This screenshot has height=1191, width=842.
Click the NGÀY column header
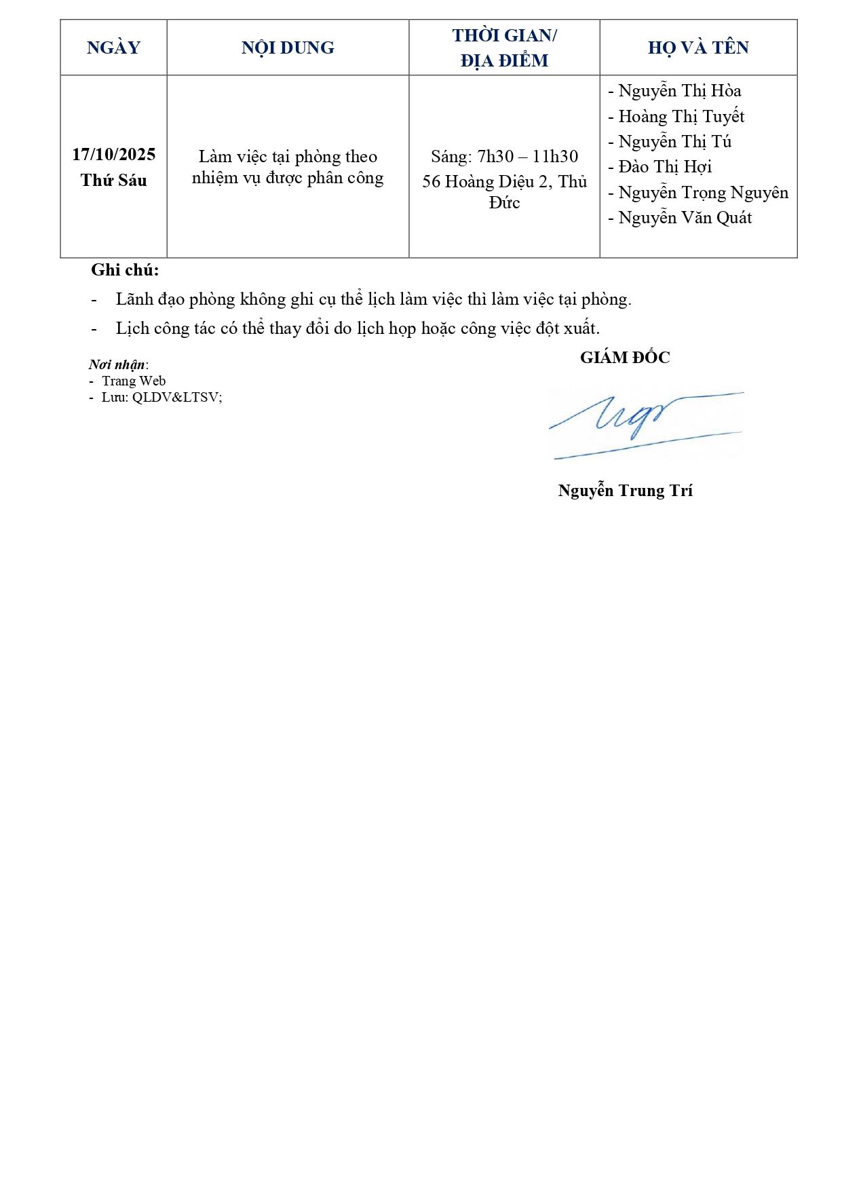(x=113, y=48)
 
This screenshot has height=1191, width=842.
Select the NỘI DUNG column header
(x=288, y=48)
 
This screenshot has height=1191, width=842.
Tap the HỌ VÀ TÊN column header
(x=698, y=48)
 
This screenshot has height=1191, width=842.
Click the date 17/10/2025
(x=113, y=155)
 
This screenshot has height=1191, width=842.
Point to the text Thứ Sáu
(x=113, y=181)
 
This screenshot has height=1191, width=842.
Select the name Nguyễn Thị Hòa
(x=679, y=91)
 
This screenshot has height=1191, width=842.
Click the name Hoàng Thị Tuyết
(x=681, y=117)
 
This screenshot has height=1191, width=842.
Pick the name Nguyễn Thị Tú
(x=674, y=142)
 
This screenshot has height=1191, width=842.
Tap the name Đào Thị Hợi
(x=665, y=167)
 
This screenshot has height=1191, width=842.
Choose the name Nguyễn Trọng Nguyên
(x=703, y=193)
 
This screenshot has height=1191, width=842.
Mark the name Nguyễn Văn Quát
(x=685, y=218)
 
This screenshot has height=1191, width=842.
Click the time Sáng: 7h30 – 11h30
(x=504, y=157)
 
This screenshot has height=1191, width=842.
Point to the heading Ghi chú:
(x=125, y=270)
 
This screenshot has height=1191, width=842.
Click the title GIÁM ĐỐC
(x=625, y=358)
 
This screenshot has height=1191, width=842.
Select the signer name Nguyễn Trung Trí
(x=625, y=491)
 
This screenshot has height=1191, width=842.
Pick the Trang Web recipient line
(x=133, y=381)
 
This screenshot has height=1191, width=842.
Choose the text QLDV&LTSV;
(x=176, y=397)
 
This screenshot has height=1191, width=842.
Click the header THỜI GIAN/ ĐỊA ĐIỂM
(x=504, y=48)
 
